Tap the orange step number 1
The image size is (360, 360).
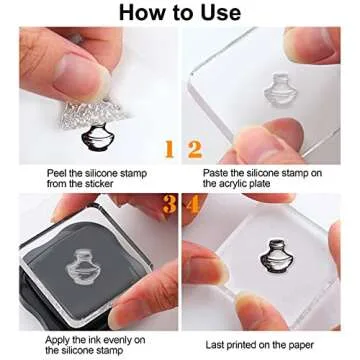coord(169,150)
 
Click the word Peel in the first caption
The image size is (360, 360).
coord(58,172)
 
